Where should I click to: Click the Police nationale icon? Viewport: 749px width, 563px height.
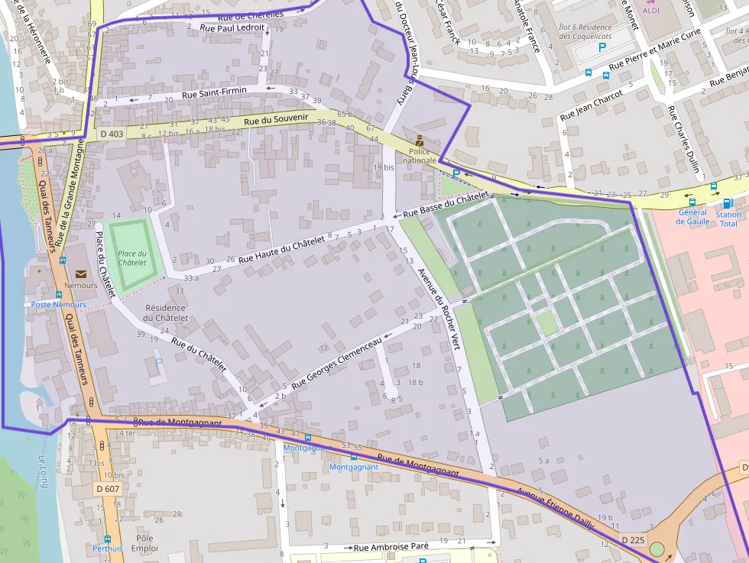point(419,140)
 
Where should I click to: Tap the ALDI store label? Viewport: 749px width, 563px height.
point(651,10)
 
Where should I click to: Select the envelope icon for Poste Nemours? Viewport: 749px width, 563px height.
point(80,273)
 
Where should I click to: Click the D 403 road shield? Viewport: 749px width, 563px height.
point(112,134)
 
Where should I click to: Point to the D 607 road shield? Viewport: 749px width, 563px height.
point(108,488)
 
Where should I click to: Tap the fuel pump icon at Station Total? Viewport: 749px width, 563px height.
point(727,203)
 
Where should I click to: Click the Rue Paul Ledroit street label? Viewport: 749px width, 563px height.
point(232,28)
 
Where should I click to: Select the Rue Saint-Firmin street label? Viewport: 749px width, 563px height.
point(214,93)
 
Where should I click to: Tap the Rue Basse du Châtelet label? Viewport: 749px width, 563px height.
point(445,204)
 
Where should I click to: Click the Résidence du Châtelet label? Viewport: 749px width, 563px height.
point(166,312)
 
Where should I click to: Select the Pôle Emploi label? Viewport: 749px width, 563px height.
point(144,543)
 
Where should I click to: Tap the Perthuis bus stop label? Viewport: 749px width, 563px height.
point(107,548)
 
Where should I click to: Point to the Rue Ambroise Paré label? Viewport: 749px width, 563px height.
point(391,547)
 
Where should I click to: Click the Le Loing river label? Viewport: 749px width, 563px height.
point(44,471)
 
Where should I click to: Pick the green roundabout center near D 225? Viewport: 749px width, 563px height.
point(657,549)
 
